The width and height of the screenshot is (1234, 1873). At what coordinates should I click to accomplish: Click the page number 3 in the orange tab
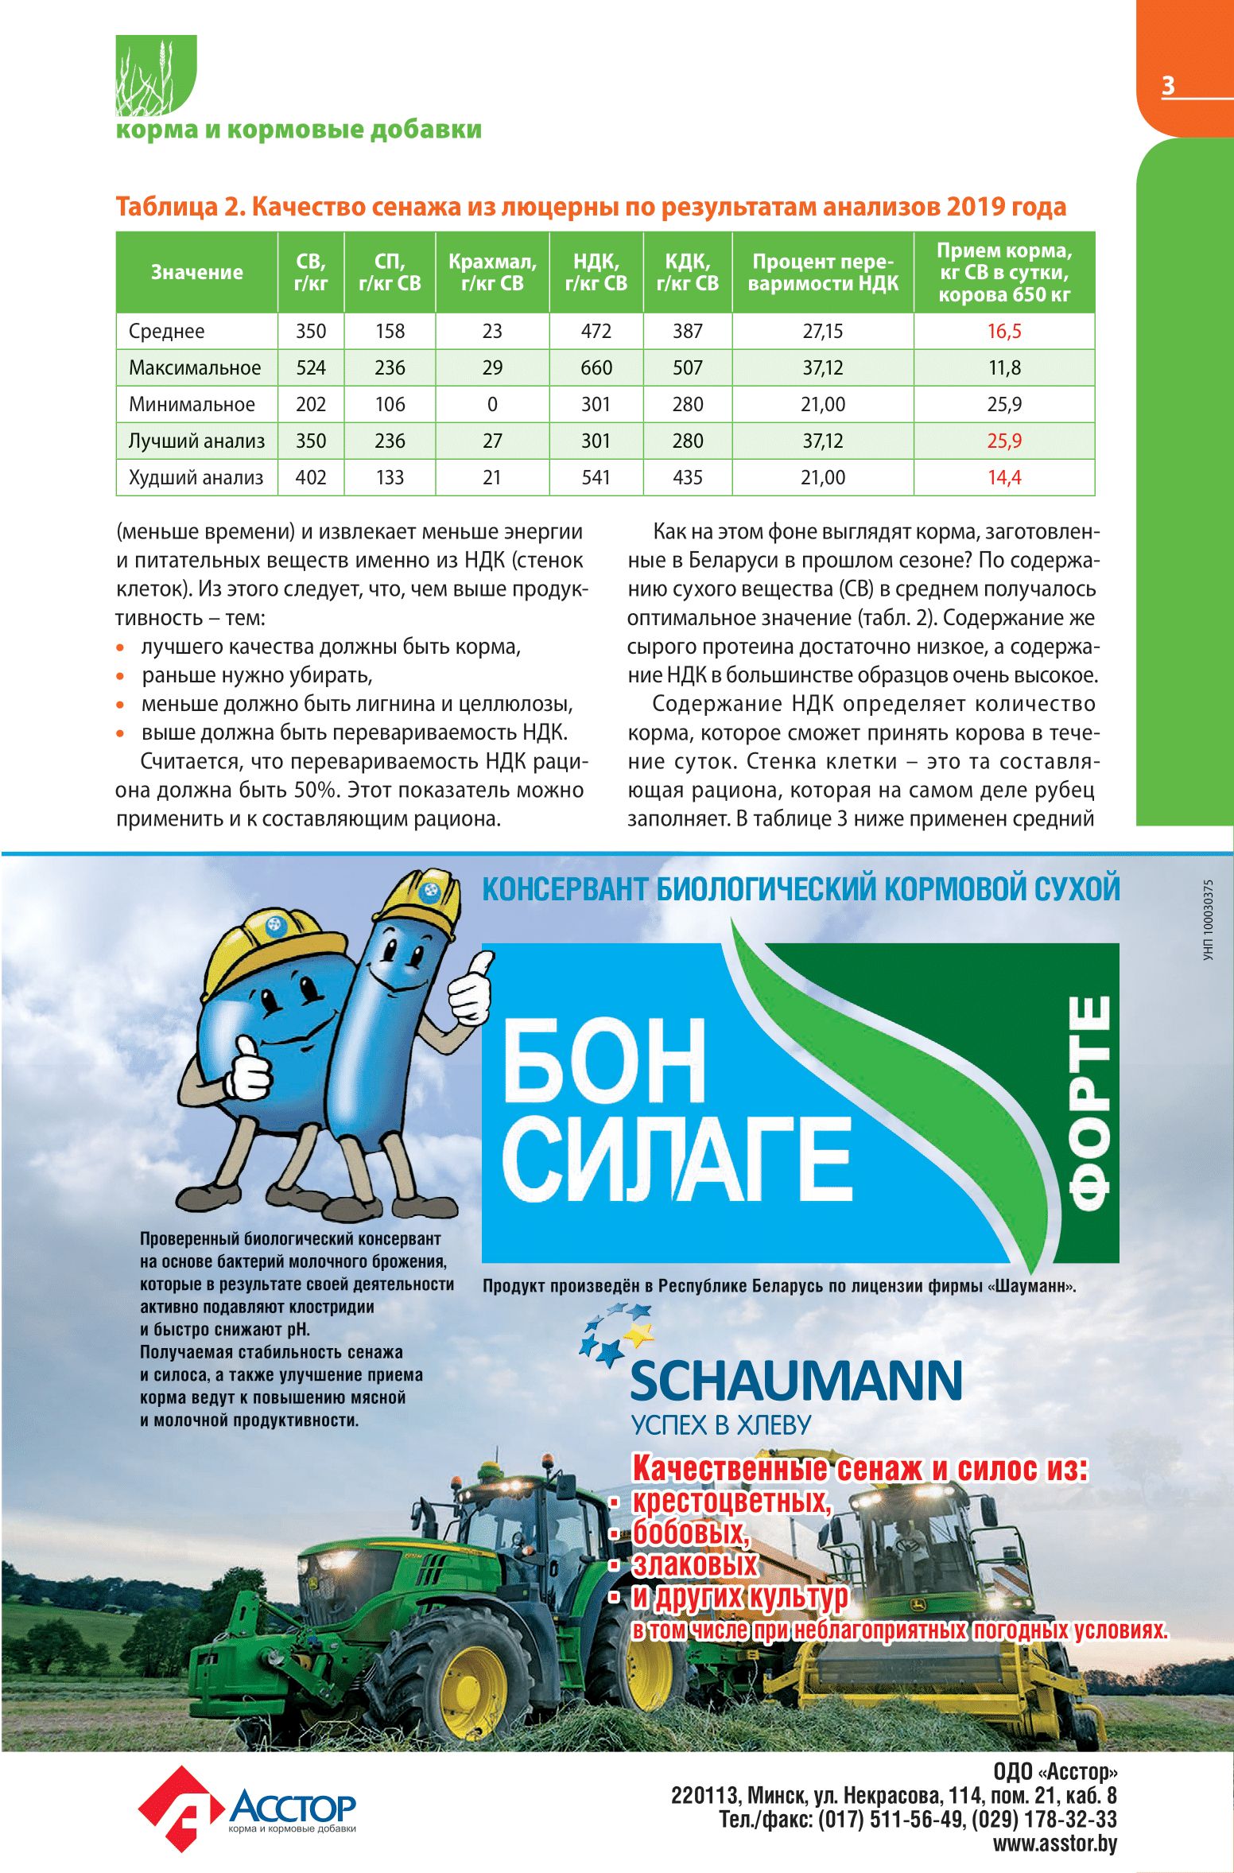coord(1167,85)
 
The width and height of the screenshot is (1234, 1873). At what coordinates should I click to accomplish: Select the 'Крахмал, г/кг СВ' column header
coord(492,272)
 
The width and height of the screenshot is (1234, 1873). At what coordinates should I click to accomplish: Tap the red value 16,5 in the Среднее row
coord(1004,331)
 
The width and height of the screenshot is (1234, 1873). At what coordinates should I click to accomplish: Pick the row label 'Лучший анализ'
coord(196,441)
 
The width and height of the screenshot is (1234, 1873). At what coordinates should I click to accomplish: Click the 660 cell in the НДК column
coord(596,367)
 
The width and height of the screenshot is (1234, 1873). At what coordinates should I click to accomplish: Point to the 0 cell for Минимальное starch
coord(492,404)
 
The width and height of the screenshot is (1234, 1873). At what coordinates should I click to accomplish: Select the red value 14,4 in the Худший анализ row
coord(1004,477)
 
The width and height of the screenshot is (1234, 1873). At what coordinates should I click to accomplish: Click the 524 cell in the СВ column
coord(311,367)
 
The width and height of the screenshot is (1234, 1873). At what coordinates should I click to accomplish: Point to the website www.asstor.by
coord(1054,1843)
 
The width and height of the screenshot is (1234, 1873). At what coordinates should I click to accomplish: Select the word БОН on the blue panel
coord(603,1062)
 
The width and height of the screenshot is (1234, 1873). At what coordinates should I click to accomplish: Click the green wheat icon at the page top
coord(156,76)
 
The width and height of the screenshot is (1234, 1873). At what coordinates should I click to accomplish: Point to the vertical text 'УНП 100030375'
coord(1209,919)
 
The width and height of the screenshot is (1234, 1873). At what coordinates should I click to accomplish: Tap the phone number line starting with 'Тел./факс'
coord(918,1819)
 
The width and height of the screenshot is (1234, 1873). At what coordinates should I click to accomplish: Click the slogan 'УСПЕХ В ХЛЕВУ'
coord(720,1424)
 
